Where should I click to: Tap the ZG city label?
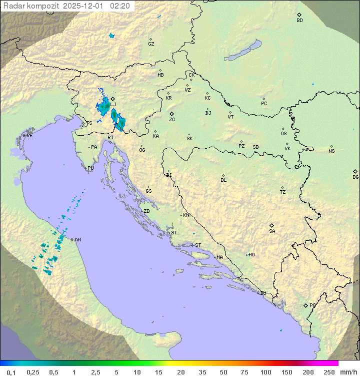(172, 120)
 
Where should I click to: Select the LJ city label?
(113, 104)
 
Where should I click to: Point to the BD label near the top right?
(299, 21)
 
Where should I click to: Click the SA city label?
(272, 231)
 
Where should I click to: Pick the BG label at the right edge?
(355, 177)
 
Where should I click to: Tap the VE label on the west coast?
(29, 136)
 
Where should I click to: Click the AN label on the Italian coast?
(77, 240)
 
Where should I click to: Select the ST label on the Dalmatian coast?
(198, 245)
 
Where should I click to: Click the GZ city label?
(151, 44)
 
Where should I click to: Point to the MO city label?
(251, 255)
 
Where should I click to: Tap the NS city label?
(331, 151)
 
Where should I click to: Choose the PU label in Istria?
(90, 168)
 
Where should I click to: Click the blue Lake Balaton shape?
(242, 51)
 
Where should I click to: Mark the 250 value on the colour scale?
(328, 372)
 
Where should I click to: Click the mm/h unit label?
(348, 372)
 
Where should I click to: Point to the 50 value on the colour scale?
(223, 372)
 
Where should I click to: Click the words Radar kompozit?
(31, 6)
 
